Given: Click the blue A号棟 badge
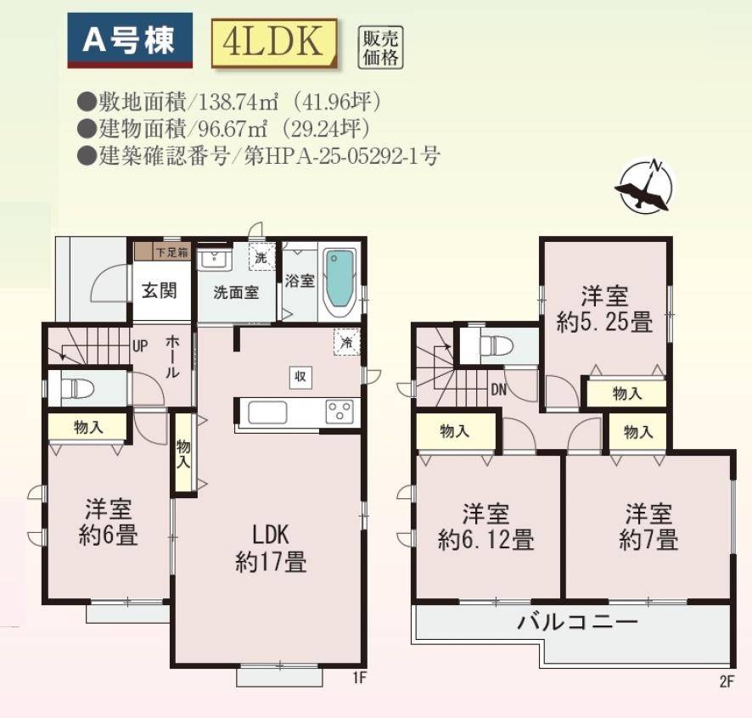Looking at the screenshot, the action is pyautogui.click(x=130, y=40).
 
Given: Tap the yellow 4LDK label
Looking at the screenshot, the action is pyautogui.click(x=274, y=42).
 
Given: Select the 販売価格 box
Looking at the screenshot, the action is pyautogui.click(x=381, y=47).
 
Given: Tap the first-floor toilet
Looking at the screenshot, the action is pyautogui.click(x=76, y=388).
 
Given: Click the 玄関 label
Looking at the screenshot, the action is pyautogui.click(x=160, y=290).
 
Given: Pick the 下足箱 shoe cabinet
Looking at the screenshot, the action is pyautogui.click(x=163, y=251).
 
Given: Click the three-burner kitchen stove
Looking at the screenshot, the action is pyautogui.click(x=340, y=412).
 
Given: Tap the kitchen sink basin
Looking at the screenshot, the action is pyautogui.click(x=267, y=412).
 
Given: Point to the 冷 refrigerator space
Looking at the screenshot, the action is pyautogui.click(x=347, y=342).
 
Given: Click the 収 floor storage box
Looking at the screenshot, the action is pyautogui.click(x=300, y=377).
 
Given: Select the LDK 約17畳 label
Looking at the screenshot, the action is pyautogui.click(x=271, y=547).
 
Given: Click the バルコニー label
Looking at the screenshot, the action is pyautogui.click(x=577, y=622).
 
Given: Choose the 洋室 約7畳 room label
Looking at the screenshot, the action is pyautogui.click(x=648, y=527).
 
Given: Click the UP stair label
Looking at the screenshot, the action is pyautogui.click(x=139, y=345).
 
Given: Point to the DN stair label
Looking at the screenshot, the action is pyautogui.click(x=499, y=390).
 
